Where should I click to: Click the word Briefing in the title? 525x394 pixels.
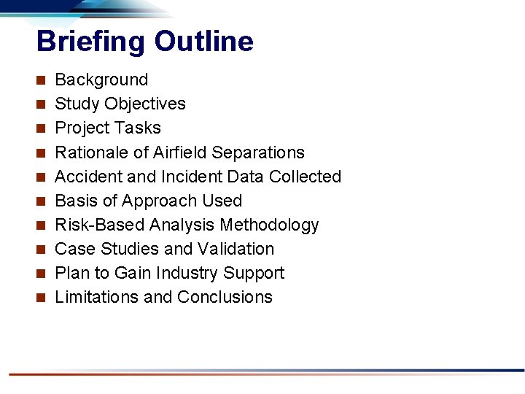click(91, 42)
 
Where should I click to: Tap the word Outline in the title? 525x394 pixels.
click(203, 42)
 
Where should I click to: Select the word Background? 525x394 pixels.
click(101, 80)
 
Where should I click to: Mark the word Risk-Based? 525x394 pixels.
click(98, 225)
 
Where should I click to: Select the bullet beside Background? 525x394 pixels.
click(42, 80)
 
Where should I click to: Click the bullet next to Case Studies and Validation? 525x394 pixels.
click(42, 249)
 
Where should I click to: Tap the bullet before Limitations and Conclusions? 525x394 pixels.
click(42, 297)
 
